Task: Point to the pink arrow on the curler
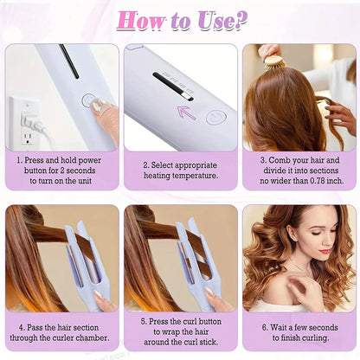(x=186, y=111)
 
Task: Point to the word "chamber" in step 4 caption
(x=97, y=337)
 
